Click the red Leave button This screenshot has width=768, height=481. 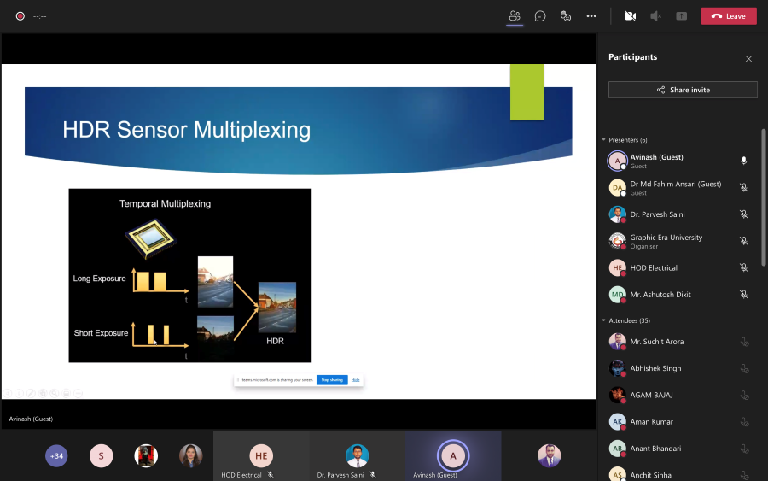(x=729, y=16)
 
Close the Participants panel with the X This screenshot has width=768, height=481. (x=748, y=59)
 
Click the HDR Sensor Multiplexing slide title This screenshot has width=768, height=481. (x=186, y=130)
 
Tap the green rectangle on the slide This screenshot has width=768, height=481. (x=527, y=92)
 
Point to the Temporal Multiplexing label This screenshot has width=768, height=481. (x=165, y=204)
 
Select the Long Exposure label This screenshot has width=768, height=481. (x=99, y=279)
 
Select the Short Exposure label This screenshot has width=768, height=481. (x=100, y=332)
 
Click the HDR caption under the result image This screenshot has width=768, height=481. (x=275, y=341)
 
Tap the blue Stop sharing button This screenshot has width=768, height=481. (x=331, y=379)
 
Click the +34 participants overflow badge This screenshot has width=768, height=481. (x=56, y=456)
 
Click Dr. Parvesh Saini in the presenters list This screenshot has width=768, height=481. (x=657, y=214)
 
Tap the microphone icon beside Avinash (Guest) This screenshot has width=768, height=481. (x=743, y=161)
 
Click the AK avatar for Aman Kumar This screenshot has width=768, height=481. (x=617, y=422)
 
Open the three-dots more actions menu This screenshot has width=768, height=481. (x=591, y=16)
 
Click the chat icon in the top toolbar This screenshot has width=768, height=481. (x=540, y=16)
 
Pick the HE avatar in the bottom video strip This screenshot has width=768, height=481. (x=260, y=455)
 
